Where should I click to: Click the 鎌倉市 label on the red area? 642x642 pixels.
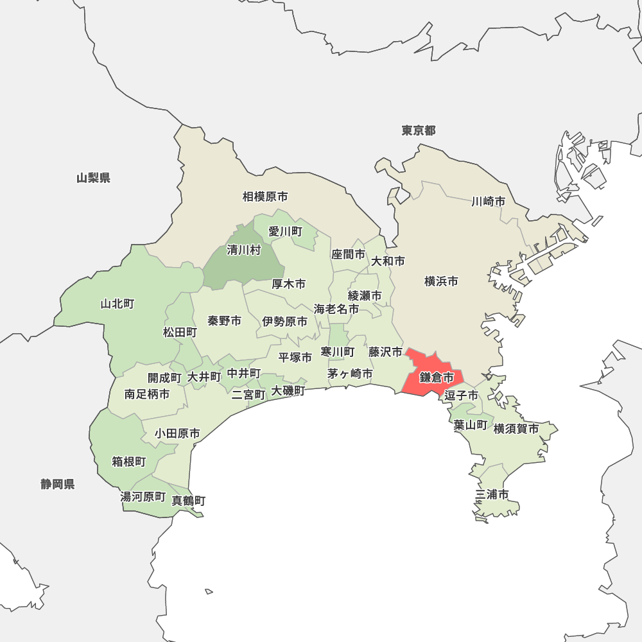tap(437, 377)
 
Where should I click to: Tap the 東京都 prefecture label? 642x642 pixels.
tap(419, 131)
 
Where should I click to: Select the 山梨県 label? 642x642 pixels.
tap(93, 178)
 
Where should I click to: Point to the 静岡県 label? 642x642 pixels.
tap(58, 484)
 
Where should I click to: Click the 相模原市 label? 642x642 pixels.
tap(265, 196)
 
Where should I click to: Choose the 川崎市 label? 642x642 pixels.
tap(488, 202)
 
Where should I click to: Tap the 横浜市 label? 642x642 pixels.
tap(441, 281)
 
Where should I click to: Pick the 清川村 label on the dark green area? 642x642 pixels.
tap(244, 250)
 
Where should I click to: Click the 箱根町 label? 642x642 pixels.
tap(129, 462)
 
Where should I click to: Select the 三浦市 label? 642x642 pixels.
tap(492, 494)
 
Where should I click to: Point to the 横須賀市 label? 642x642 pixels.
tap(516, 428)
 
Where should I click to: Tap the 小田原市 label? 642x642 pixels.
tap(177, 434)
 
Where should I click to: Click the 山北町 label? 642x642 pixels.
tap(117, 304)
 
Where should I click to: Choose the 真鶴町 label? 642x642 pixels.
tap(189, 500)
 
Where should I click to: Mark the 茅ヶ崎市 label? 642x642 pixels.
tap(350, 373)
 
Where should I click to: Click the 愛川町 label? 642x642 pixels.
tap(285, 231)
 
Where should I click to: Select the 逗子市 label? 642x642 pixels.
tap(462, 395)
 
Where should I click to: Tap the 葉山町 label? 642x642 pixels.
tap(471, 424)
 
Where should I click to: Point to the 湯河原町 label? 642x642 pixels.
tap(143, 496)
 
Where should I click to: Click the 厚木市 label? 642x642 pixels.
tap(288, 284)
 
